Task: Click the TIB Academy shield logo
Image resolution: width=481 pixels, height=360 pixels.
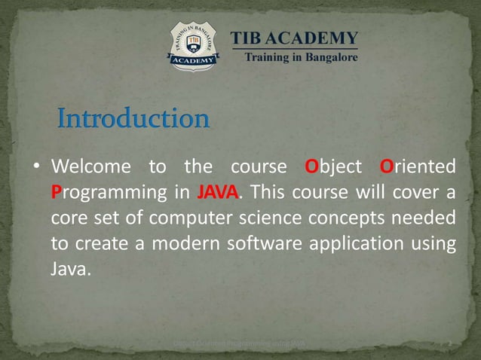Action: [194, 46]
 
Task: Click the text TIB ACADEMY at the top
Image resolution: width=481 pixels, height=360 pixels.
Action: [294, 38]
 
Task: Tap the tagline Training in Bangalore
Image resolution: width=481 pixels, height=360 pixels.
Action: [299, 57]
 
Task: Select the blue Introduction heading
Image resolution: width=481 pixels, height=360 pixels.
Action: [133, 119]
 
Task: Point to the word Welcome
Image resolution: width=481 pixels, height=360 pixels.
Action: [90, 166]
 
